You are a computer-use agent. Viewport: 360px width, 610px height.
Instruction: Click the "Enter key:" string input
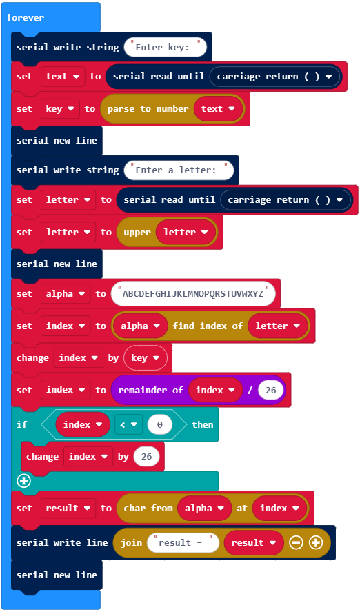pos(166,48)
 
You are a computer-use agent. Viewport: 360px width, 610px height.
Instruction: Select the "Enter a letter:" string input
pos(179,170)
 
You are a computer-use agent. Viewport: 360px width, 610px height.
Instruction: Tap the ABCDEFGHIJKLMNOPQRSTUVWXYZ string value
pos(193,294)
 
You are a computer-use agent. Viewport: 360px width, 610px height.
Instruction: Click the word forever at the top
pos(26,17)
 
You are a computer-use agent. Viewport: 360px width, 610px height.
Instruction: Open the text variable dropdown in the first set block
pos(63,77)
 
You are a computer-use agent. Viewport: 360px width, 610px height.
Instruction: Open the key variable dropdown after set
pos(60,109)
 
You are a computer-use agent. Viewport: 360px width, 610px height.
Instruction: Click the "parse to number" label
pos(148,109)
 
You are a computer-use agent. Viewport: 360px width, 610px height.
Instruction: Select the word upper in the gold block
pos(137,233)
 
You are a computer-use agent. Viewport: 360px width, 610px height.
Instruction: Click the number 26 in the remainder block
pos(270,390)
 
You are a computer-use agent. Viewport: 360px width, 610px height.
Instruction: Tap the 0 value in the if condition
pos(159,425)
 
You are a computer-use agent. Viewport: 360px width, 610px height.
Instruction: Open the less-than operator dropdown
pos(129,425)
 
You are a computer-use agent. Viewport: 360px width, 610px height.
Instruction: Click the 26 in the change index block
pos(146,457)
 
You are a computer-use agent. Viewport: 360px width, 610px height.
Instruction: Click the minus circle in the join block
pos(296,542)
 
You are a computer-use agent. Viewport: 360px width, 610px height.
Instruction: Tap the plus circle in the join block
pos(316,542)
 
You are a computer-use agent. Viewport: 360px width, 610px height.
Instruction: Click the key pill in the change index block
pos(146,358)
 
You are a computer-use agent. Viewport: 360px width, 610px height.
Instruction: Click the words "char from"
pos(148,509)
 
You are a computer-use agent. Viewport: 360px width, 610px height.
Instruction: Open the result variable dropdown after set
pos(68,509)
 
